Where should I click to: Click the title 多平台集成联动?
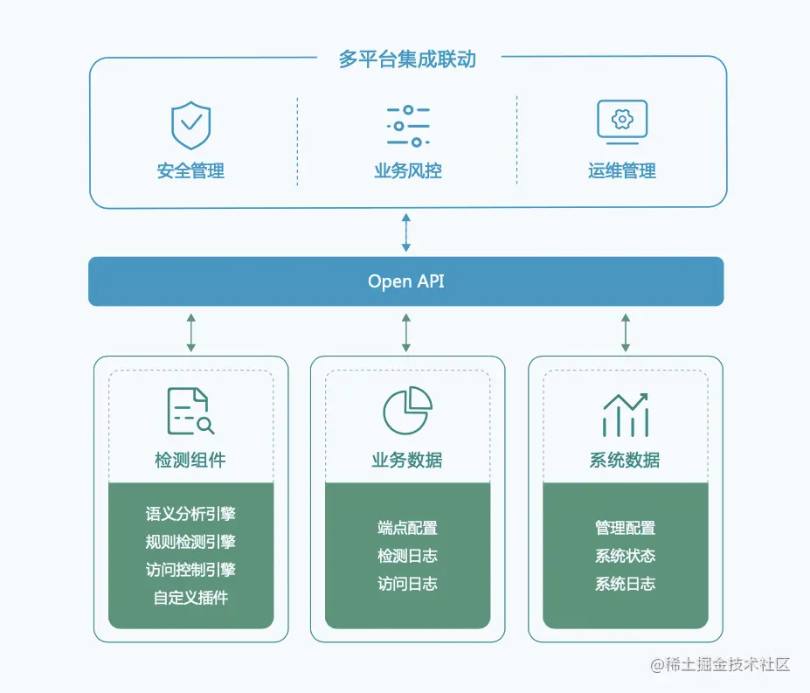pyautogui.click(x=407, y=59)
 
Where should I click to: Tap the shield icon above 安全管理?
pyautogui.click(x=190, y=125)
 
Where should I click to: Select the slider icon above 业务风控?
pyautogui.click(x=407, y=126)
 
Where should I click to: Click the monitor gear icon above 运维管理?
pyautogui.click(x=621, y=121)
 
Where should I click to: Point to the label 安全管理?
pyautogui.click(x=190, y=170)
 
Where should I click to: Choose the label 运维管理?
pyautogui.click(x=621, y=170)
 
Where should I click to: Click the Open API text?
pyautogui.click(x=406, y=281)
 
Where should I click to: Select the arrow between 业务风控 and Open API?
pyautogui.click(x=405, y=232)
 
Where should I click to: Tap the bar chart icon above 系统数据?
pyautogui.click(x=625, y=413)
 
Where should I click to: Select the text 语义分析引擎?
pyautogui.click(x=190, y=514)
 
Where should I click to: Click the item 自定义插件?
pyautogui.click(x=190, y=598)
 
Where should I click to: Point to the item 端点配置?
pyautogui.click(x=407, y=528)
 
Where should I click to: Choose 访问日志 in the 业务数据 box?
pyautogui.click(x=407, y=584)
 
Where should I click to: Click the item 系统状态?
pyautogui.click(x=625, y=556)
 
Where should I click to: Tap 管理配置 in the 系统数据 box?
pyautogui.click(x=625, y=528)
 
